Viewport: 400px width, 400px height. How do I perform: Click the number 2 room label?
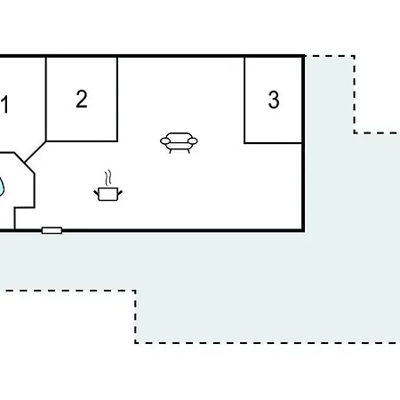82,99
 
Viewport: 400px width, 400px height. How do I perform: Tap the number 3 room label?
274,100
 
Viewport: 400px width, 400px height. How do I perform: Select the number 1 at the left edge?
4,104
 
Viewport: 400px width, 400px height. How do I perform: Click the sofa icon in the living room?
179,143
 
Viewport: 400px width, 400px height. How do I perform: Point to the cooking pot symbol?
108,194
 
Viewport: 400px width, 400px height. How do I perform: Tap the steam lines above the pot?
108,178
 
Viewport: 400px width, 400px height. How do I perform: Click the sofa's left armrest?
165,141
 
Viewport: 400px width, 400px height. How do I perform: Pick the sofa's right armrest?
193,141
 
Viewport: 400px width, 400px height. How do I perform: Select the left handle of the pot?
96,194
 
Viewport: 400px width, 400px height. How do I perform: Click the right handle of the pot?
120,194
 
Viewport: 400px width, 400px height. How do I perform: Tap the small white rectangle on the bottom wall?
52,230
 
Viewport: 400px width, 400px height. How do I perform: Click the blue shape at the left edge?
2,187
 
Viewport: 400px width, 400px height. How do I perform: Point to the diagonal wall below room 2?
36,152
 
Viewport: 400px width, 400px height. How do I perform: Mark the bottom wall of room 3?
273,143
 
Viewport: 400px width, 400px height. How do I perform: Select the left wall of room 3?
244,100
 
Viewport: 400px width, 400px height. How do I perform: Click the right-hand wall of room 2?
117,100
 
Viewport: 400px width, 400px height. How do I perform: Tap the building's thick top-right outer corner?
304,56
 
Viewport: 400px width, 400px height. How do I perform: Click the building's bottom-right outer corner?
303,230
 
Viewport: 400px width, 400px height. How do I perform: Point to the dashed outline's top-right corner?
355,56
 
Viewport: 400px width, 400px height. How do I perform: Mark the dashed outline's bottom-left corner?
135,343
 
